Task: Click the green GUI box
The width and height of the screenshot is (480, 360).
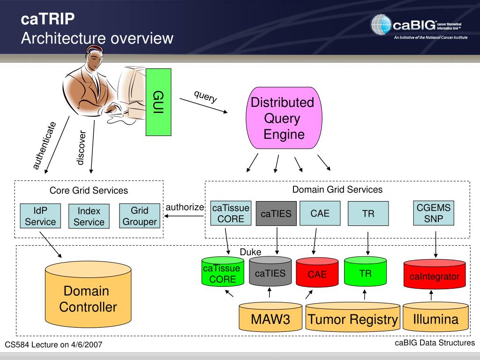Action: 158,102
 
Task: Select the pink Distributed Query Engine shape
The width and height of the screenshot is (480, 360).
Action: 284,118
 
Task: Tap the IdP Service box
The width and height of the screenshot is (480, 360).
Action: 40,216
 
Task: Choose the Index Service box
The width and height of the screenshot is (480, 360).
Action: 89,217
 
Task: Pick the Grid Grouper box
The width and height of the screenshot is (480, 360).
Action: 140,216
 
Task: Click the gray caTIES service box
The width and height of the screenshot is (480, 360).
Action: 276,213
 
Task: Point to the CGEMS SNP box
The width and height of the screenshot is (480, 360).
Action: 434,213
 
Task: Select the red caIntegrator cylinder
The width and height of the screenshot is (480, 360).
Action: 435,274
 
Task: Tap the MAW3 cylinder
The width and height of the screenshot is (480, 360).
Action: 270,317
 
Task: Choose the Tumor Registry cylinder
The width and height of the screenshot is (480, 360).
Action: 352,317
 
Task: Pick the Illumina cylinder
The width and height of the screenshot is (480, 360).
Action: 435,317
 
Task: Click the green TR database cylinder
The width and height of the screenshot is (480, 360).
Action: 365,272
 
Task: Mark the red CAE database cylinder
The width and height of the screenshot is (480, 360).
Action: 317,273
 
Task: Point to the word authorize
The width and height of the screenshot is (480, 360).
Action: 185,207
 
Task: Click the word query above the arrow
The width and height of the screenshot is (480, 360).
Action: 205,97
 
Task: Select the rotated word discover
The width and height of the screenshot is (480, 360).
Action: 81,148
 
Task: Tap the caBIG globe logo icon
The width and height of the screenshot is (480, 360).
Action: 381,24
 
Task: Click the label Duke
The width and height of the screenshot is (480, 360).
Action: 250,252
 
